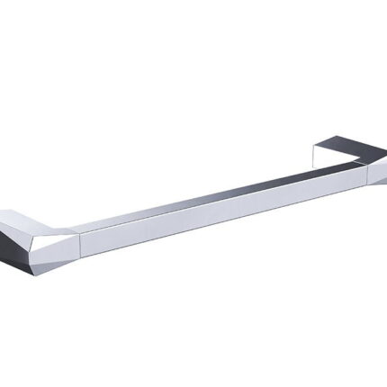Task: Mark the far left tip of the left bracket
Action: (x=2, y=224)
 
